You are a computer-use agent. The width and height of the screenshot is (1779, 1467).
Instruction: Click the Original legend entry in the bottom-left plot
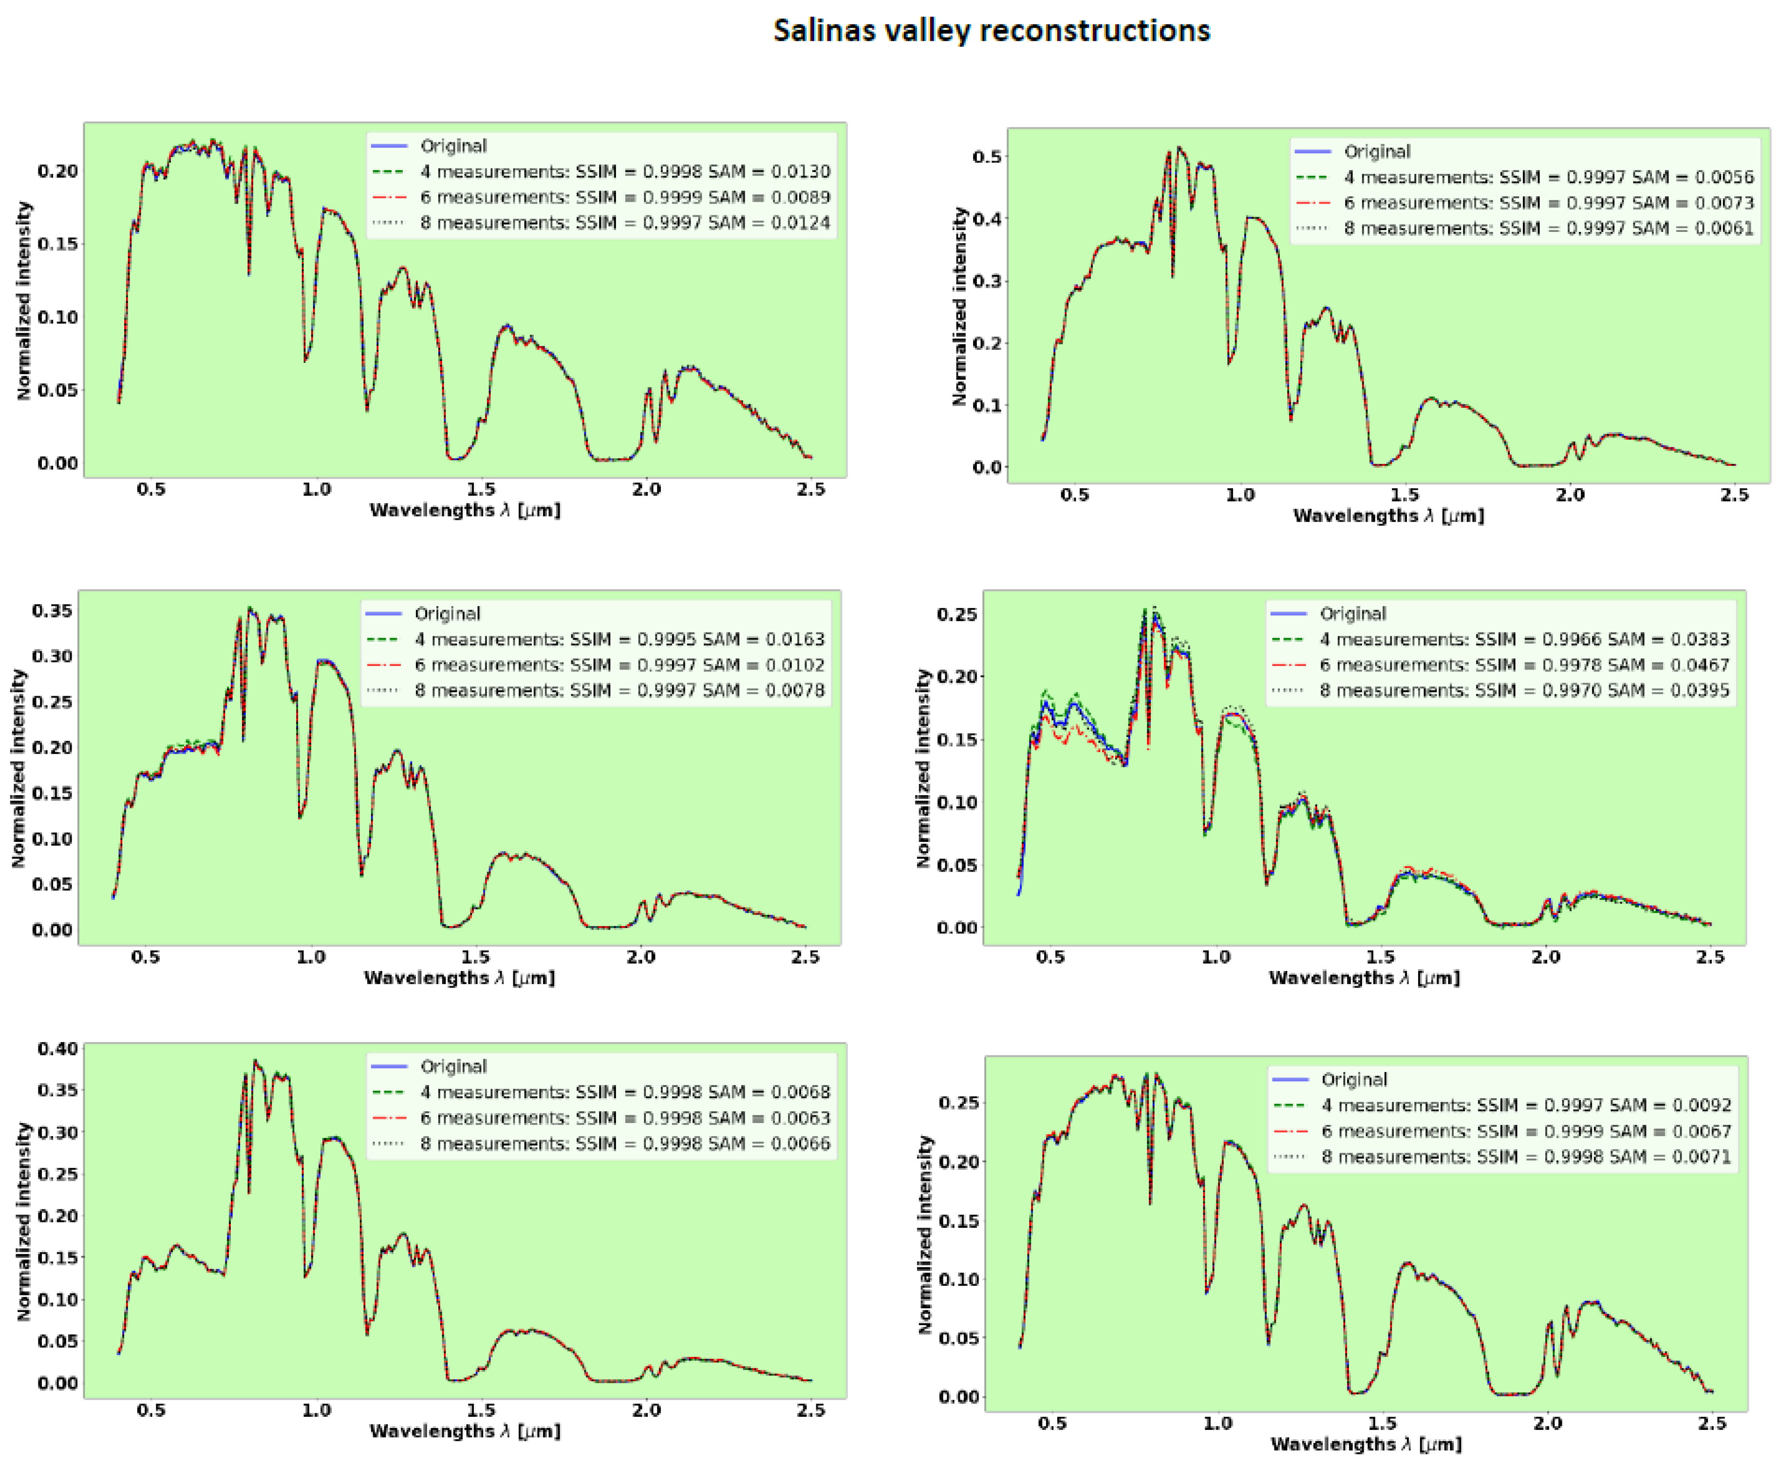click(453, 1067)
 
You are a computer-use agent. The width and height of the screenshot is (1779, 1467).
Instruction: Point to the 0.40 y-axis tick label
click(57, 1048)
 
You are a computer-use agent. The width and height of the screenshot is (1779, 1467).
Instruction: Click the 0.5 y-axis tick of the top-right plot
click(987, 157)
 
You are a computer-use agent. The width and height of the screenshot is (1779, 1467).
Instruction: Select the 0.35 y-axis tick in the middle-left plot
click(53, 611)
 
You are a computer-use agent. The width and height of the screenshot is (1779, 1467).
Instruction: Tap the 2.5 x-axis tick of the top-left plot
click(811, 489)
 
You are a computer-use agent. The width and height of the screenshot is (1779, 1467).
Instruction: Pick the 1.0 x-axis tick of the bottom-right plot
click(1217, 1424)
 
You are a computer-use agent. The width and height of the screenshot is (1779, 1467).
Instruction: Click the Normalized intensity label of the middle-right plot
click(923, 768)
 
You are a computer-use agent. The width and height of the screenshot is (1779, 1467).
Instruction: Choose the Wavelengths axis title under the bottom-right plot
click(1366, 1445)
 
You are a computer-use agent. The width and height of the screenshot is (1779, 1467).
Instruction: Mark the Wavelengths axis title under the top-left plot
click(465, 511)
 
